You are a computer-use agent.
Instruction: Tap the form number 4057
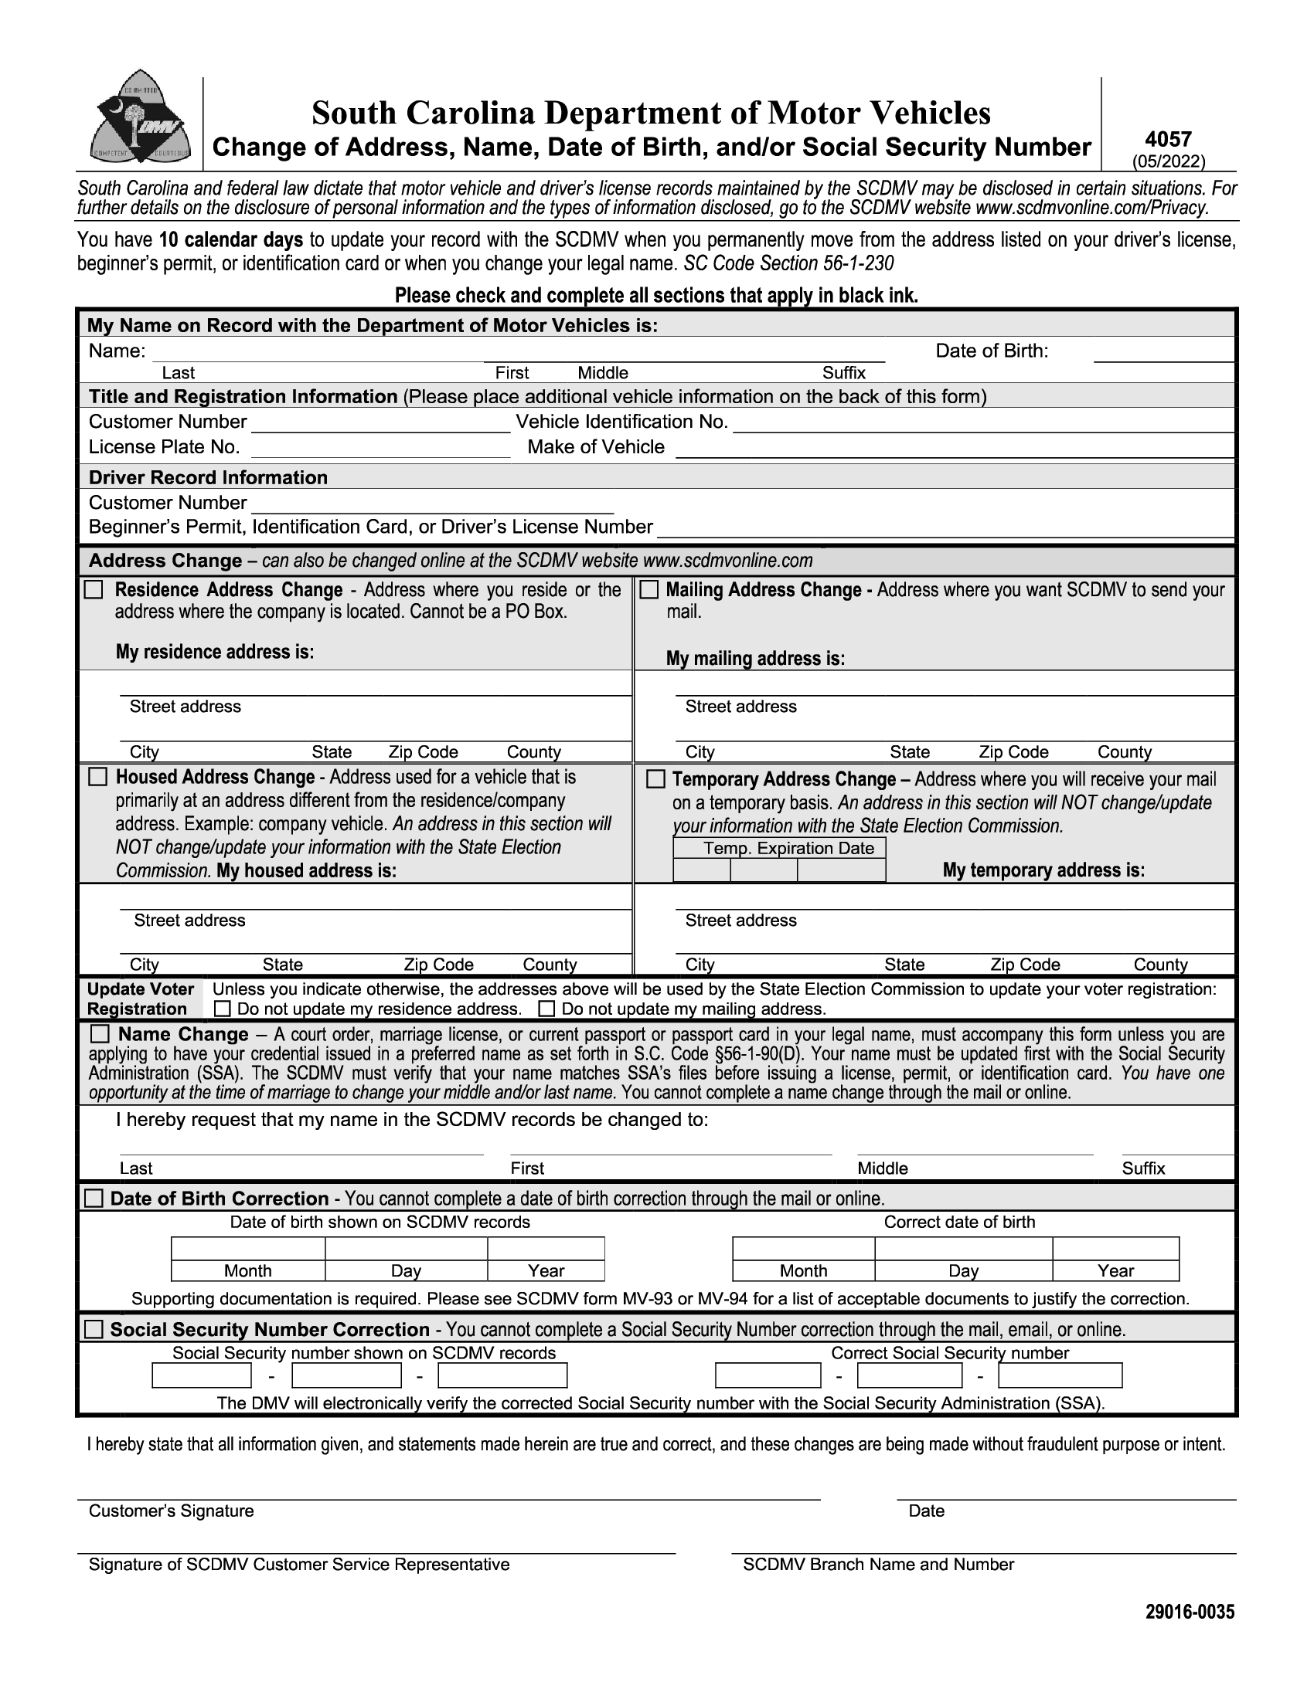pos(1168,139)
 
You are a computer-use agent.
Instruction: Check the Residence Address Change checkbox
pos(94,590)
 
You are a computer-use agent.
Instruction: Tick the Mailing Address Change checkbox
pos(648,590)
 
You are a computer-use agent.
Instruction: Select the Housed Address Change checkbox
pos(97,777)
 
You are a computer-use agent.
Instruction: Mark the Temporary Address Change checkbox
pos(655,778)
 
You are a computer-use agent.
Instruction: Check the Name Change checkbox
pos(100,1034)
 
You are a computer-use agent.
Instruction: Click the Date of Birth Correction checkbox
pos(94,1198)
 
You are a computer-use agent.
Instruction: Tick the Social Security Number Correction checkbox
pos(94,1330)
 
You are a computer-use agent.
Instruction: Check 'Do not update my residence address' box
pos(223,1009)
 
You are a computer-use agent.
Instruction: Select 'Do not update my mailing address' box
pos(547,1009)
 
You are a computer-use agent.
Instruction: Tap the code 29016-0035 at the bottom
pos(1190,1611)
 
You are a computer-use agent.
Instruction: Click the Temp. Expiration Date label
pos(788,848)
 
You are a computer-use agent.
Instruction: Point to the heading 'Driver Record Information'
pos(208,476)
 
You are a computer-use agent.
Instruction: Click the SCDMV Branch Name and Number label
pos(878,1565)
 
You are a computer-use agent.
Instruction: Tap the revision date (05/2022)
pos(1169,161)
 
